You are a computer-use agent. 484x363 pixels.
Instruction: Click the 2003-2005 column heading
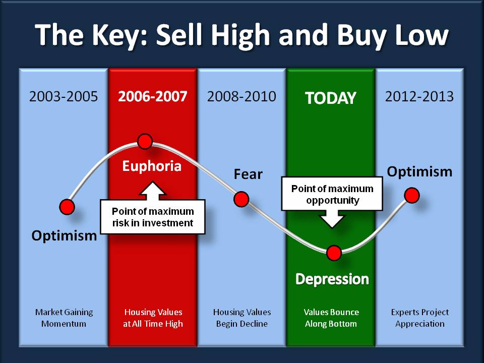coord(64,97)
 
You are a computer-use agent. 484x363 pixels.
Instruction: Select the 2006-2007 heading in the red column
coord(152,97)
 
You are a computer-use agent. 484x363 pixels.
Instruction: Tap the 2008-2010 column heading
coord(241,97)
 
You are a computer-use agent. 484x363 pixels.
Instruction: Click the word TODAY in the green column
coord(331,98)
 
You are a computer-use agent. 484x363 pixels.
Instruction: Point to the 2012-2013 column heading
coord(419,97)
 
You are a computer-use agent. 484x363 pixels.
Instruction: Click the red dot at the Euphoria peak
coord(145,141)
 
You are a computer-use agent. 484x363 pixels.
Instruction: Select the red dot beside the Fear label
coord(241,199)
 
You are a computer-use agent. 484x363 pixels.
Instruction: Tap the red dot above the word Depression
coord(334,253)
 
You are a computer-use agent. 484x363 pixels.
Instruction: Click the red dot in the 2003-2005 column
coord(67,207)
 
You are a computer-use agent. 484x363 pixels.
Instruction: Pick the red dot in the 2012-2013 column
coord(412,196)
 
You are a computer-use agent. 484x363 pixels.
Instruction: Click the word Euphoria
coord(152,166)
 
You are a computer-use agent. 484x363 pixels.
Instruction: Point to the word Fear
coord(248,174)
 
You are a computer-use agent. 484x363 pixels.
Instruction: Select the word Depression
coord(332,279)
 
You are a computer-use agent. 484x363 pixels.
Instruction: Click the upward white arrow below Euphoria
coord(152,191)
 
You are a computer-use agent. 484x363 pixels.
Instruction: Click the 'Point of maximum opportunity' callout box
coord(332,194)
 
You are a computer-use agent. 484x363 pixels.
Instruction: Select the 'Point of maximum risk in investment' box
coord(152,217)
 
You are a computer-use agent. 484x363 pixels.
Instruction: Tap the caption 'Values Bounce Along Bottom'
coord(331,318)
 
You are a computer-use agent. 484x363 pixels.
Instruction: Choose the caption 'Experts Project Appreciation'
coord(420,318)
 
